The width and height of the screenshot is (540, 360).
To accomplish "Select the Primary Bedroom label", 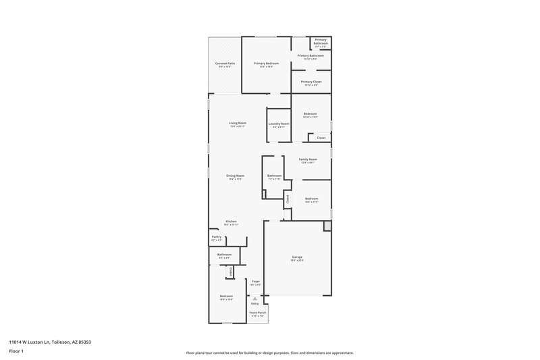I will pyautogui.click(x=266, y=63).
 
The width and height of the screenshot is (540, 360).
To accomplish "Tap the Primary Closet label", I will pyautogui.click(x=311, y=82).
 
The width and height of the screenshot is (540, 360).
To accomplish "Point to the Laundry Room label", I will pyautogui.click(x=279, y=124).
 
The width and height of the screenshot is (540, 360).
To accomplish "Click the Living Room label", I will pyautogui.click(x=237, y=123).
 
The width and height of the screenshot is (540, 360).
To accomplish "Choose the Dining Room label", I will pyautogui.click(x=235, y=176).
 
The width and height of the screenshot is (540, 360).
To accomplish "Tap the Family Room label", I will pyautogui.click(x=308, y=159).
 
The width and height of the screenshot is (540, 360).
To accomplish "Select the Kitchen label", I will pyautogui.click(x=231, y=222).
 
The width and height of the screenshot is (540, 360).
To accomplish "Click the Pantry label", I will pyautogui.click(x=217, y=237).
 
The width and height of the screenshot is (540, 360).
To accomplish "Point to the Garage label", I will pyautogui.click(x=297, y=257).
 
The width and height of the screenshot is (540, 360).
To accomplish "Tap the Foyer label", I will pyautogui.click(x=256, y=281).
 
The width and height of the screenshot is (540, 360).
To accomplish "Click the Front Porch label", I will pyautogui.click(x=257, y=313).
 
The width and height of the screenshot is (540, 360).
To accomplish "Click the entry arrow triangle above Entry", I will pyautogui.click(x=254, y=298).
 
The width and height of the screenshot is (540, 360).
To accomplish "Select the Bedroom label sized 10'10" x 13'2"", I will pyautogui.click(x=310, y=114).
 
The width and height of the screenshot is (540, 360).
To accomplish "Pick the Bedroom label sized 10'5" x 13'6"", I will pyautogui.click(x=226, y=297).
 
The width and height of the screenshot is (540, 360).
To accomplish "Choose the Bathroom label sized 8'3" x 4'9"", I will pyautogui.click(x=224, y=255).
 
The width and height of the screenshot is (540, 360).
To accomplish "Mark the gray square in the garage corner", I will pyautogui.click(x=327, y=225).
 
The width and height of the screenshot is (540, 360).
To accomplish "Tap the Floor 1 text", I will pyautogui.click(x=16, y=352).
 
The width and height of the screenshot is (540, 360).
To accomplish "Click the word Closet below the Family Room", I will pyautogui.click(x=288, y=199).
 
